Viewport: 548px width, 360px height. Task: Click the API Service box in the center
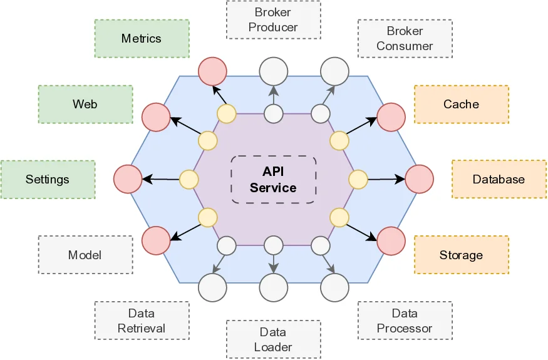274,179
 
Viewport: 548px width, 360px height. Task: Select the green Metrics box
142,39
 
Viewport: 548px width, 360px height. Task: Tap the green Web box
85,104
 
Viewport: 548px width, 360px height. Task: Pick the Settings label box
48,180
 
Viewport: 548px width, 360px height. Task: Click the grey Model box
85,255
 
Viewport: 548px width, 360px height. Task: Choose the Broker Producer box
273,20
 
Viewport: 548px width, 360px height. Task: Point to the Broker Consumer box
405,39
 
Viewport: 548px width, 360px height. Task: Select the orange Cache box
461,104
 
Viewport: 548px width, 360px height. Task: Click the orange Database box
499,180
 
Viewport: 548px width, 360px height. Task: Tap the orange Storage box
461,255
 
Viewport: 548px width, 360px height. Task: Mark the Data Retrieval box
142,321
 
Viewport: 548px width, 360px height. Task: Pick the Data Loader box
273,339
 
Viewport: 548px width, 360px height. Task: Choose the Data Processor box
405,321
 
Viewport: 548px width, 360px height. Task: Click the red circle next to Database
420,179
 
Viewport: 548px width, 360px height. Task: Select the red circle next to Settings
128,179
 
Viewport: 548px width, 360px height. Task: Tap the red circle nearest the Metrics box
213,71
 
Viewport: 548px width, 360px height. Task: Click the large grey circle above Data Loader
274,288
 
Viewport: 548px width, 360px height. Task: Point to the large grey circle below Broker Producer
274,71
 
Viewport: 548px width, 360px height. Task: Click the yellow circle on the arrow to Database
358,180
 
